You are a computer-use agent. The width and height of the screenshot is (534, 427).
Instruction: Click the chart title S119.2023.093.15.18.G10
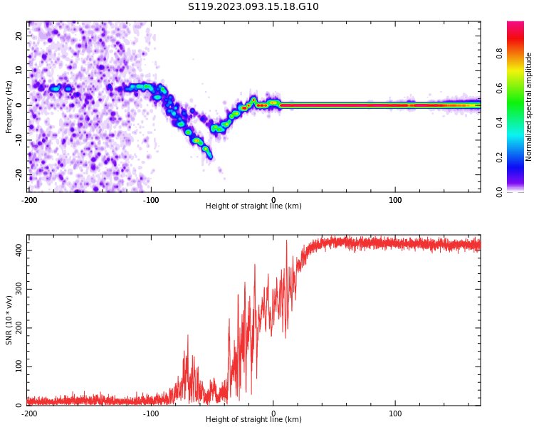[253, 7]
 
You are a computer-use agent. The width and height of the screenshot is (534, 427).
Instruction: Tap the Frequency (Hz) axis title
[9, 107]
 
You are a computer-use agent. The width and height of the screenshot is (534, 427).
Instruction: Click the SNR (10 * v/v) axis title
[9, 320]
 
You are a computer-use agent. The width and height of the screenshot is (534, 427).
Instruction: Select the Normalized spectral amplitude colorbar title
[529, 107]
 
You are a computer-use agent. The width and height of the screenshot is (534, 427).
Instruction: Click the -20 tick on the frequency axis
[18, 174]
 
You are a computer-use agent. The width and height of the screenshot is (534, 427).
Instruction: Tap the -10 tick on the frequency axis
[18, 140]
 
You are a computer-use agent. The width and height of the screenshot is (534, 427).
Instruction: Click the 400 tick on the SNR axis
[16, 251]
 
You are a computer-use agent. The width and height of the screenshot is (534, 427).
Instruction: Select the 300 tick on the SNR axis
[16, 290]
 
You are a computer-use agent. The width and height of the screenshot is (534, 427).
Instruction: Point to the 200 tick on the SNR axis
[16, 328]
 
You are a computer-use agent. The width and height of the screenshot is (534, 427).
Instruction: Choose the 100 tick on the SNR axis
[16, 367]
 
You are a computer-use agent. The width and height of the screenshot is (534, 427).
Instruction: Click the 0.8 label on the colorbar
[500, 53]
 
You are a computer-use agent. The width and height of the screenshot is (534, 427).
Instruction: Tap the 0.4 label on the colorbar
[500, 122]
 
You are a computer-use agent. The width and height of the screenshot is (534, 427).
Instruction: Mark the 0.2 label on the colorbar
[500, 157]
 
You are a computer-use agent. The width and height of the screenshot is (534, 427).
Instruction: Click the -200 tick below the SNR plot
[29, 413]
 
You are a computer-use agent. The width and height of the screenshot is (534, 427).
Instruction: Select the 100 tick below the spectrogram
[395, 200]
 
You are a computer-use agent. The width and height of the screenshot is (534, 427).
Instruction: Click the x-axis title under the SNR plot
[253, 420]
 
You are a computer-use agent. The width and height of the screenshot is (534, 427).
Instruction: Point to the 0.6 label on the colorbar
[500, 88]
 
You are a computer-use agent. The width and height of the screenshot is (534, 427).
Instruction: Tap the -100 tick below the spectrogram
[151, 200]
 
